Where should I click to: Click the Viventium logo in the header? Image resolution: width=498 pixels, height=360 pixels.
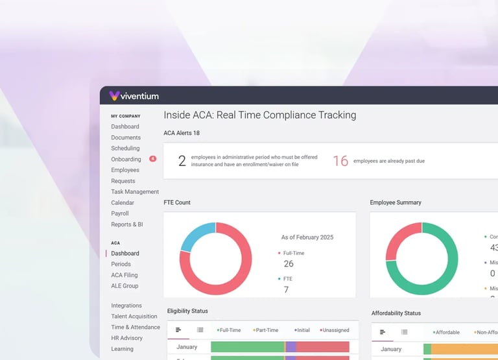[134, 96]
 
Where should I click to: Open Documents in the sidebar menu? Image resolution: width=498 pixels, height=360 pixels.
[126, 138]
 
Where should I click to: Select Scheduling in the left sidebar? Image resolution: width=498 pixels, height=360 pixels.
[125, 149]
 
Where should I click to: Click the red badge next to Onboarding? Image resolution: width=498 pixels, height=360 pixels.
[152, 159]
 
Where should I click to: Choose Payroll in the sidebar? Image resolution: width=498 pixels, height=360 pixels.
[120, 213]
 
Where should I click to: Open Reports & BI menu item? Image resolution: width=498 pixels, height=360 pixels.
[127, 224]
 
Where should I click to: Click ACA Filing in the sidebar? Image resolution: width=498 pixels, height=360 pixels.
[124, 275]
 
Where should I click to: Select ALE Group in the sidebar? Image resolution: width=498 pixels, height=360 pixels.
[124, 286]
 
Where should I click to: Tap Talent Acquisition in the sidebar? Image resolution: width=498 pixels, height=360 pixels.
[134, 317]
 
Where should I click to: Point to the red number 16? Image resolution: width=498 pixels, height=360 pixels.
[340, 161]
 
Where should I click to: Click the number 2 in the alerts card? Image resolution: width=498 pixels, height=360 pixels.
[182, 161]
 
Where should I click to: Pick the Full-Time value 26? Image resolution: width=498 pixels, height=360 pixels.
[289, 263]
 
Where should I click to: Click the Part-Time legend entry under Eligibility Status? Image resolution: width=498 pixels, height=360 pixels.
[267, 330]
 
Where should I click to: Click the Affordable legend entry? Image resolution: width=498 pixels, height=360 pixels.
[447, 332]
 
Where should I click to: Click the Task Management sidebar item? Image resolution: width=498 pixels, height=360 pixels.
[135, 192]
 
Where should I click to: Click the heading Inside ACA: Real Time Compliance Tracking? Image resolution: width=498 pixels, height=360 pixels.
[260, 115]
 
